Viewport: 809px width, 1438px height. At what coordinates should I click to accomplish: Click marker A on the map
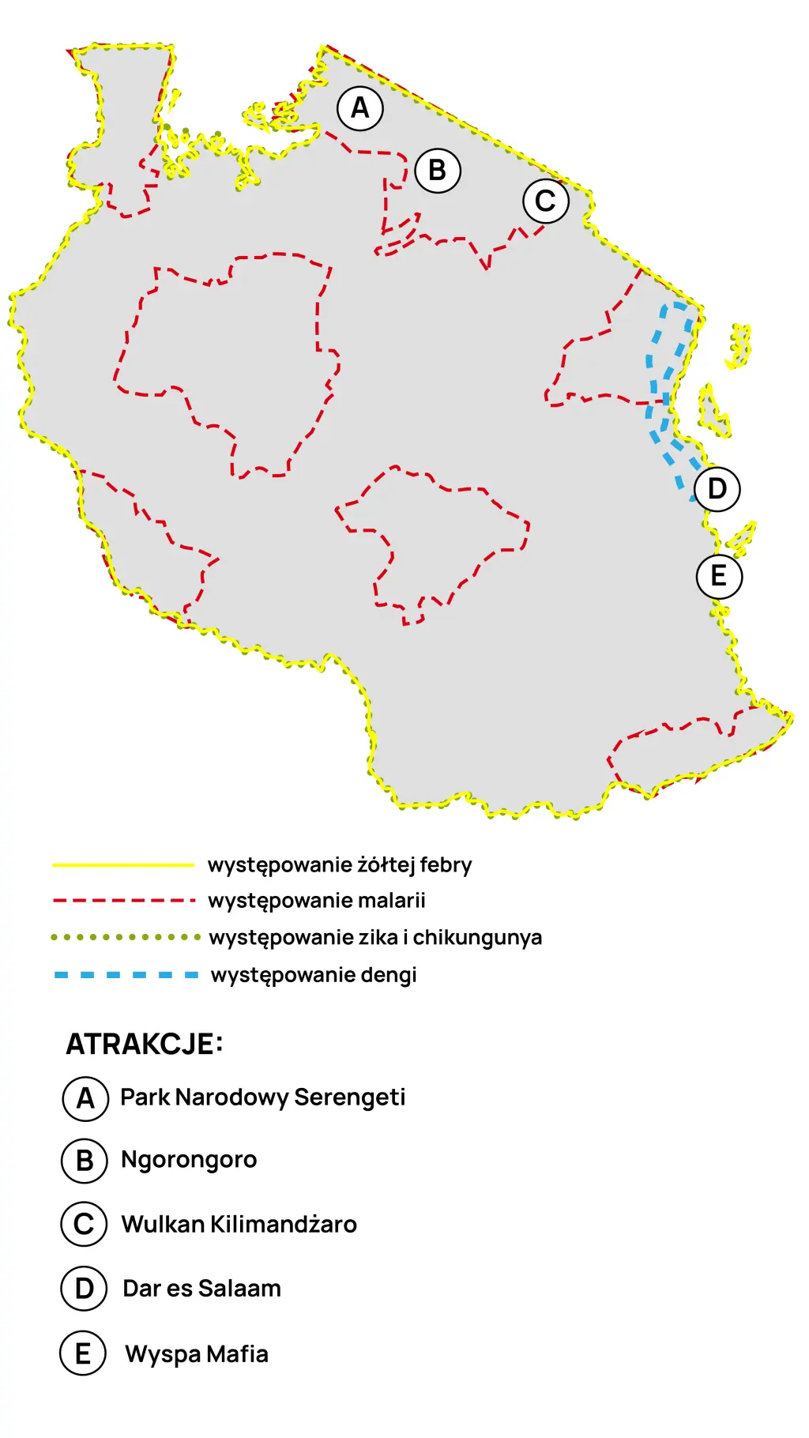(360, 108)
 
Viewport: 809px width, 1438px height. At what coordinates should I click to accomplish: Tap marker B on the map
(438, 171)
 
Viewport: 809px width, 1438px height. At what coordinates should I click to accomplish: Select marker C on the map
(546, 201)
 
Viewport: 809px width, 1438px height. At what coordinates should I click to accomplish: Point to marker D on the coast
(717, 489)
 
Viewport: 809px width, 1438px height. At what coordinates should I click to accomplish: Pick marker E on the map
(719, 576)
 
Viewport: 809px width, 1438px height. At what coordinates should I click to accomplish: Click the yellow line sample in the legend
(123, 865)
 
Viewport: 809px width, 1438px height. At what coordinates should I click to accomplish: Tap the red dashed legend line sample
(123, 901)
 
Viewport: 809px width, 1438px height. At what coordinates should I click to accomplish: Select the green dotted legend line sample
(125, 937)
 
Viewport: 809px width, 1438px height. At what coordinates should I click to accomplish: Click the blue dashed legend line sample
(126, 975)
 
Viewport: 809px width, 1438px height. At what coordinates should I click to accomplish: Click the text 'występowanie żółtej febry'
(340, 865)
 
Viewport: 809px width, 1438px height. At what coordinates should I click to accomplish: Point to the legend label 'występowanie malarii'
(317, 901)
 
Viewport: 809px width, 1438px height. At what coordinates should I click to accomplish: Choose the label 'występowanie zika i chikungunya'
(375, 938)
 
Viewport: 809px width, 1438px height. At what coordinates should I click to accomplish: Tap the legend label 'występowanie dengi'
(314, 975)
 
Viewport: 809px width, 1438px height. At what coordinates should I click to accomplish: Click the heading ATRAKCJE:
(145, 1045)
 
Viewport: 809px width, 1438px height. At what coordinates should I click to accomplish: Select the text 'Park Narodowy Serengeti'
(262, 1097)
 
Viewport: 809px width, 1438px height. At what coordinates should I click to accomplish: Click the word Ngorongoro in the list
(189, 1160)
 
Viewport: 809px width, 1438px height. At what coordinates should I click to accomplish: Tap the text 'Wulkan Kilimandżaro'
(239, 1225)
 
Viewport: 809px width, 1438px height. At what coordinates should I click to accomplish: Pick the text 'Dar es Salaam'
(201, 1289)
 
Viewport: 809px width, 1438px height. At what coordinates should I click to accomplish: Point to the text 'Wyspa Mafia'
(197, 1354)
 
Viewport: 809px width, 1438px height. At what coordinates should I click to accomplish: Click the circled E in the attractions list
(83, 1353)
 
